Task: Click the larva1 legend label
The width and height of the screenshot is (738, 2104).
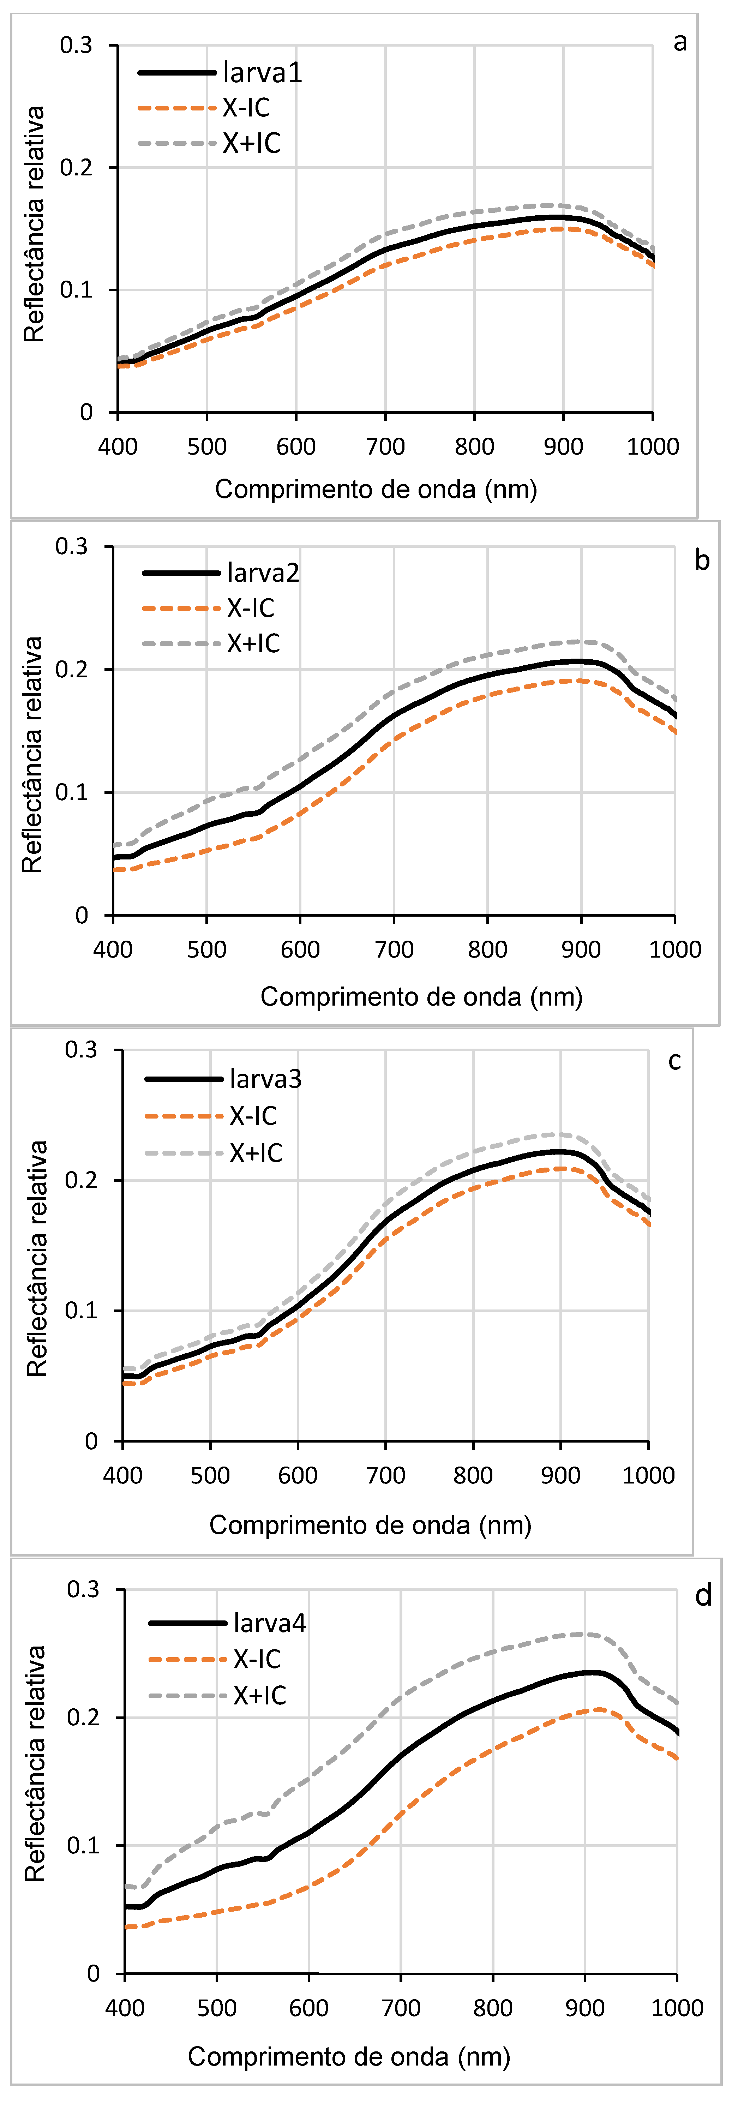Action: coord(262,73)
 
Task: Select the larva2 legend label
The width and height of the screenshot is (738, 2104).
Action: coord(263,573)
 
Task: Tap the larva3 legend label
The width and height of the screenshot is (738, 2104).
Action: coord(265,1079)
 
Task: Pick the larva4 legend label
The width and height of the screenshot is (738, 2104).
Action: coord(269,1622)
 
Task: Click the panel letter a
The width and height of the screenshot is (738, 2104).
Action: coord(679,42)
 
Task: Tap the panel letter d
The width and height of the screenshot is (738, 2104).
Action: coord(703,1595)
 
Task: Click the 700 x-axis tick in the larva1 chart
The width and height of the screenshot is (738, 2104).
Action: coord(385,446)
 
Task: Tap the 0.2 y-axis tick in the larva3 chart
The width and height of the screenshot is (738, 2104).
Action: coord(82,1179)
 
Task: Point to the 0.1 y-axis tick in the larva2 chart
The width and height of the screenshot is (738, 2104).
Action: coord(72,792)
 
